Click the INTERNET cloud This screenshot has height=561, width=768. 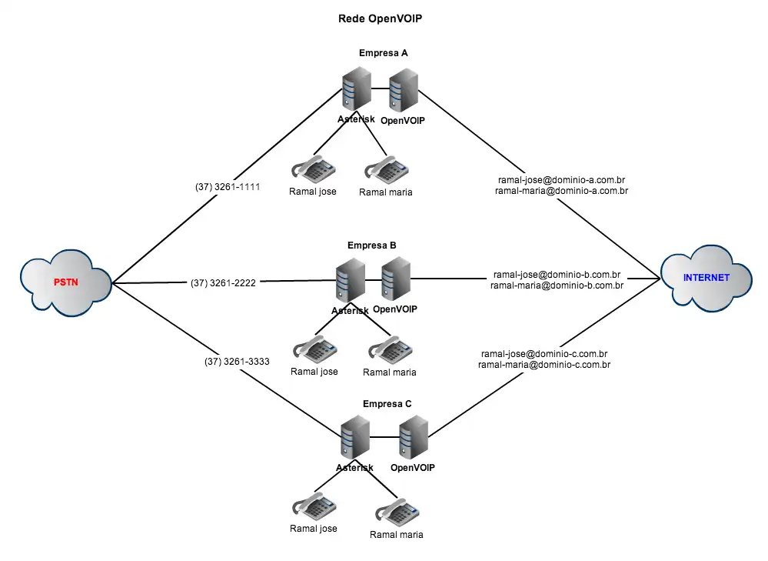pyautogui.click(x=706, y=278)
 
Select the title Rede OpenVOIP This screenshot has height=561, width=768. pyautogui.click(x=381, y=18)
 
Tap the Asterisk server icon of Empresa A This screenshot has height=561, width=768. pyautogui.click(x=356, y=90)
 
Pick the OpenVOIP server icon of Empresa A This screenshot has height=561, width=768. pyautogui.click(x=404, y=91)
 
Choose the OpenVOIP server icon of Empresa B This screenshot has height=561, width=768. pyautogui.click(x=396, y=279)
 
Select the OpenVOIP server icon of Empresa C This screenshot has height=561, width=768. pyautogui.click(x=414, y=438)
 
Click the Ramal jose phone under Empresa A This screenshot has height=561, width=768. pyautogui.click(x=313, y=169)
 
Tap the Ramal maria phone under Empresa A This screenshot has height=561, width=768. pyautogui.click(x=385, y=170)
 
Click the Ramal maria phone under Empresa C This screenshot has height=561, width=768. pyautogui.click(x=396, y=513)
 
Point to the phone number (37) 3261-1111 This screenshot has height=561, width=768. pyautogui.click(x=228, y=187)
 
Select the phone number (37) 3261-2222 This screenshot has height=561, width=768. pyautogui.click(x=223, y=283)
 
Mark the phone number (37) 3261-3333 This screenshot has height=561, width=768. pyautogui.click(x=237, y=361)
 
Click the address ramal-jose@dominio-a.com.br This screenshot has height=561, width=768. pyautogui.click(x=561, y=179)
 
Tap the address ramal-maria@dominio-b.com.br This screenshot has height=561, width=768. pyautogui.click(x=557, y=286)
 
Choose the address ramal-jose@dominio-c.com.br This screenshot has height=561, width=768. pyautogui.click(x=544, y=354)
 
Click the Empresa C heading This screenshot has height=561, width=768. pyautogui.click(x=387, y=404)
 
